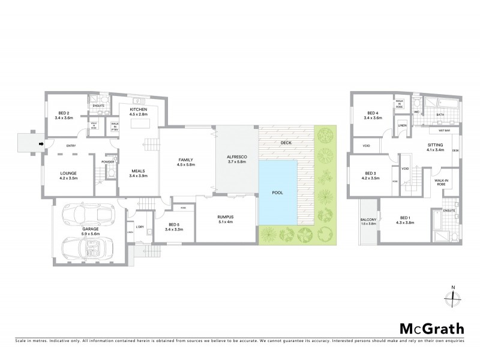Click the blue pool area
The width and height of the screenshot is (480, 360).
(278, 193)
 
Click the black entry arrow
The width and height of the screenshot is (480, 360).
(40, 144)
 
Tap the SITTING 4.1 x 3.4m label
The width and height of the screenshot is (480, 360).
(435, 147)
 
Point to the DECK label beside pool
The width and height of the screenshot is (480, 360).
(286, 143)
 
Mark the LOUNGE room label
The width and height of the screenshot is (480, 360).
(68, 176)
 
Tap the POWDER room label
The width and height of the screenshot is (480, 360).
(108, 161)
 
